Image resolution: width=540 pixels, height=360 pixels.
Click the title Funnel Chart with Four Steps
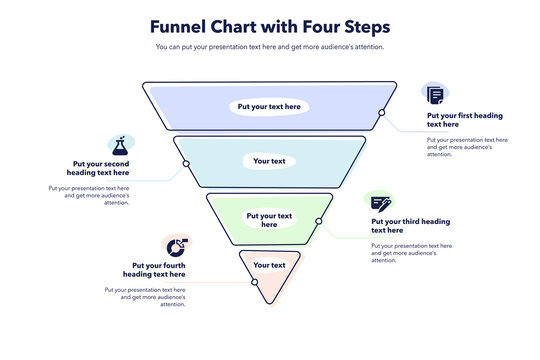tap(270, 27)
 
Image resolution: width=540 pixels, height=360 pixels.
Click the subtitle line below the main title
tap(270, 47)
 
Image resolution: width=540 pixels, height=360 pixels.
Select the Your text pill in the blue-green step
tap(269, 160)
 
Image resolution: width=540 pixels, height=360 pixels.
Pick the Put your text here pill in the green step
tap(269, 219)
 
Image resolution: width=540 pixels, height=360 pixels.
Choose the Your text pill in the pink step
tap(269, 265)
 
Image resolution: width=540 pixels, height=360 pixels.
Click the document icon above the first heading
tap(435, 95)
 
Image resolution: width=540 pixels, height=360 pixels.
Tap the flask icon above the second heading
tap(121, 144)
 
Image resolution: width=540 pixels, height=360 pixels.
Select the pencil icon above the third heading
tap(380, 202)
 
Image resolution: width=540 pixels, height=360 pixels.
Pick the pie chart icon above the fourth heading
tap(176, 247)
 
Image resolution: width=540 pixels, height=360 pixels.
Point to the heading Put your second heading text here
tap(100, 168)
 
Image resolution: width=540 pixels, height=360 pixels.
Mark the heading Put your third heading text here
tap(410, 226)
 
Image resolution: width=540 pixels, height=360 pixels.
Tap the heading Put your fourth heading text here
tap(154, 270)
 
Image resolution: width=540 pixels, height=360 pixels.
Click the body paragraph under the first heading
tap(466, 147)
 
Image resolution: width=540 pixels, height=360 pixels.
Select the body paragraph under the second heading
tap(89, 194)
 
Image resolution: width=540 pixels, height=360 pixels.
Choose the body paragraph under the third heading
tap(411, 252)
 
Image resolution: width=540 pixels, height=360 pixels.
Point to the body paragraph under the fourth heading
tap(145, 296)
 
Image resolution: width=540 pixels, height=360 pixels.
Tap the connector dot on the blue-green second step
tap(185, 164)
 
